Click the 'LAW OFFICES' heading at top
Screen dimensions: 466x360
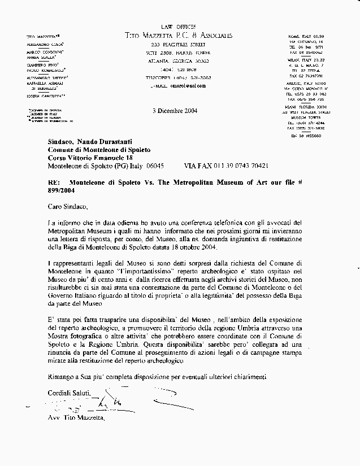[178, 27]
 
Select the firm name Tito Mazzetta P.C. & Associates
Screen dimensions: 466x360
[178, 36]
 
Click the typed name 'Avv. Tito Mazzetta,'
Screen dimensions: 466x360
[76, 419]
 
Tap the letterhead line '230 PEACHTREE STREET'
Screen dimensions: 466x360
[178, 44]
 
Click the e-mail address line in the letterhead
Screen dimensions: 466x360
[178, 85]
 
